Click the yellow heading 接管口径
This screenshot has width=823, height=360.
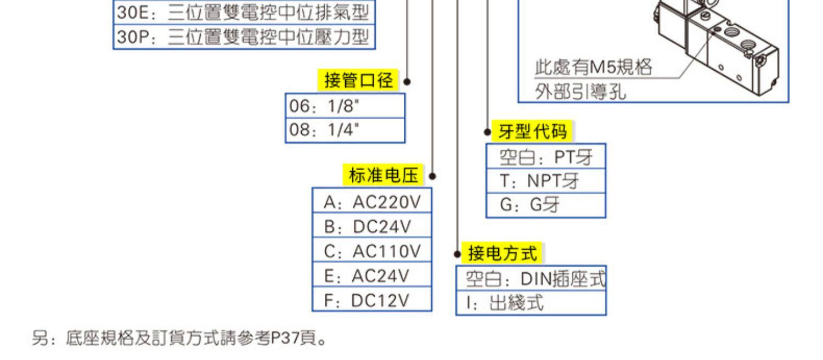coord(358,81)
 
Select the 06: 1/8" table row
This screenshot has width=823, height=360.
coord(345,106)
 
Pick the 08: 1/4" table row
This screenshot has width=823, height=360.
coord(345,131)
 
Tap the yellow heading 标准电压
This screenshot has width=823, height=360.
coord(383,176)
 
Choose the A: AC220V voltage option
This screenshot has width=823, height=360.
coord(372,203)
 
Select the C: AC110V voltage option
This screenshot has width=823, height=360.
coord(372,251)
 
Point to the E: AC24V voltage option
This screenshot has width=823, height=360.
coord(372,275)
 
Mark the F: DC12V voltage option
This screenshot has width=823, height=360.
coord(372,300)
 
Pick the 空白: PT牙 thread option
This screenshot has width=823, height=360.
coord(546,157)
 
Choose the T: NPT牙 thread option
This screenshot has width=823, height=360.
coord(546,181)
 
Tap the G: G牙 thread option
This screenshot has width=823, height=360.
coord(546,205)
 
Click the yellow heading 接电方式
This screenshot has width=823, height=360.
coord(501,253)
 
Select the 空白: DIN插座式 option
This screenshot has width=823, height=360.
coord(531,279)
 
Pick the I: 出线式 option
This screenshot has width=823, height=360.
coord(531,303)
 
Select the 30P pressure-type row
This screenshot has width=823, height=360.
coord(244,37)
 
